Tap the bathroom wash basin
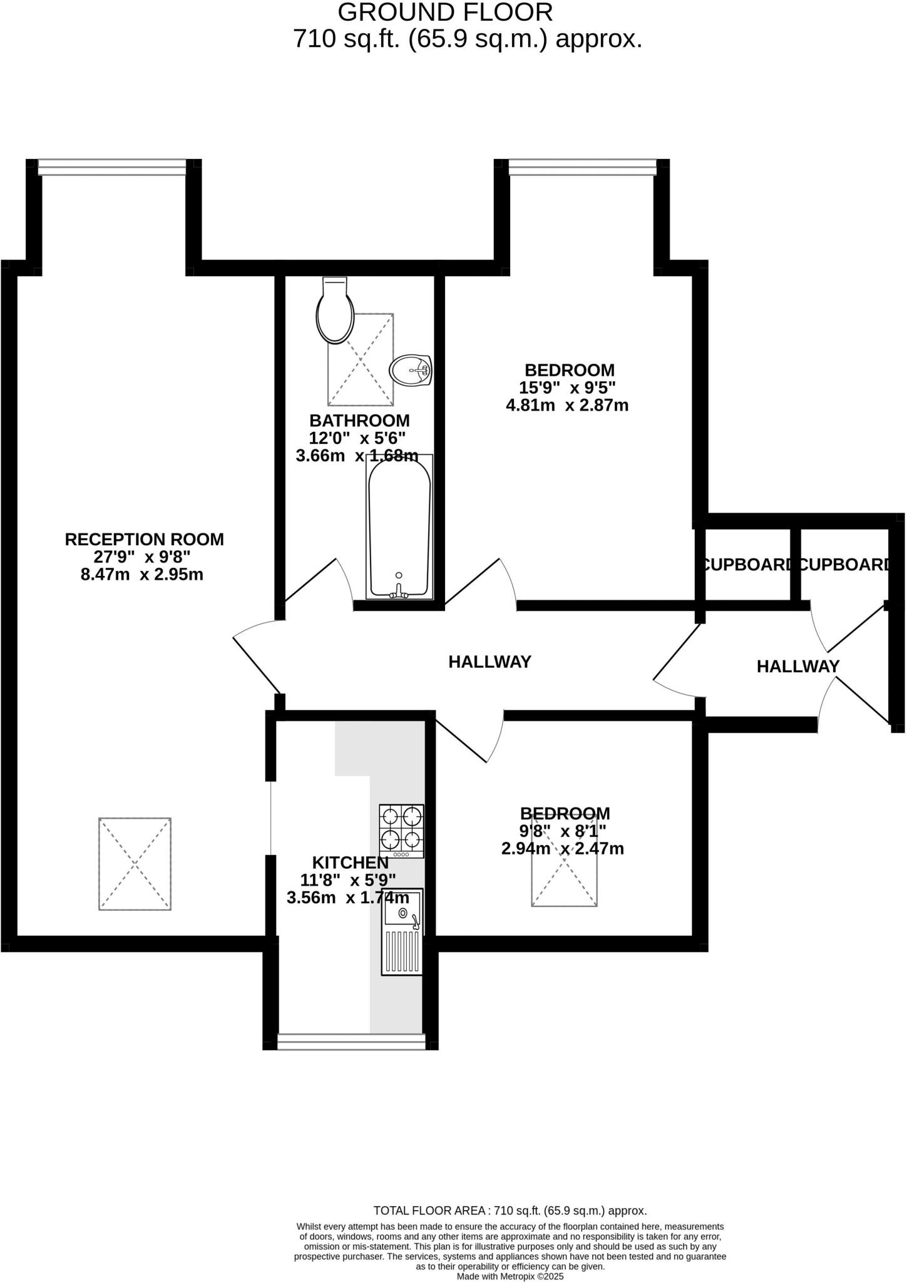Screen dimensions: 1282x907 [411, 370]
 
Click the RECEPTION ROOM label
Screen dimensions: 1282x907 [144, 540]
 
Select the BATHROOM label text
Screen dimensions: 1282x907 [359, 421]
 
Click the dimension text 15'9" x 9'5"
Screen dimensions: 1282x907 [567, 387]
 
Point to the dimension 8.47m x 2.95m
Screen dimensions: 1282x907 [142, 575]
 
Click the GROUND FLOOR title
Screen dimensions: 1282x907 [445, 13]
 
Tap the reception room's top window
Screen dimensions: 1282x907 [113, 167]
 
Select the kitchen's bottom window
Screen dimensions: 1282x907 [351, 1041]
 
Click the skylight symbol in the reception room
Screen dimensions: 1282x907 [135, 864]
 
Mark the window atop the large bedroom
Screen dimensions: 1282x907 [582, 167]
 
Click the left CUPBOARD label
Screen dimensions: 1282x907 [747, 565]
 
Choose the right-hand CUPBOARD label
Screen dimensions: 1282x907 [844, 565]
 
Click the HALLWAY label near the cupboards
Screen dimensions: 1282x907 [797, 667]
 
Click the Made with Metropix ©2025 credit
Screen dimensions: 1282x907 [510, 1276]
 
